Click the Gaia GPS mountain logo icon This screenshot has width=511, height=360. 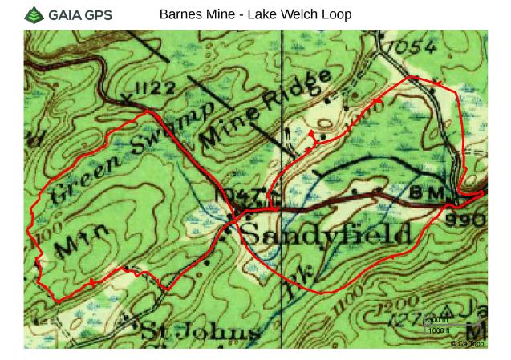pos(34,14)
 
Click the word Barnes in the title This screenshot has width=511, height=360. pos(179,14)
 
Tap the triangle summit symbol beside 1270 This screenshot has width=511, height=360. pos(447,309)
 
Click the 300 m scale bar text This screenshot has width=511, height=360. pos(438,321)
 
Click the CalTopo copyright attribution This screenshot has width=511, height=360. pos(467,343)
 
